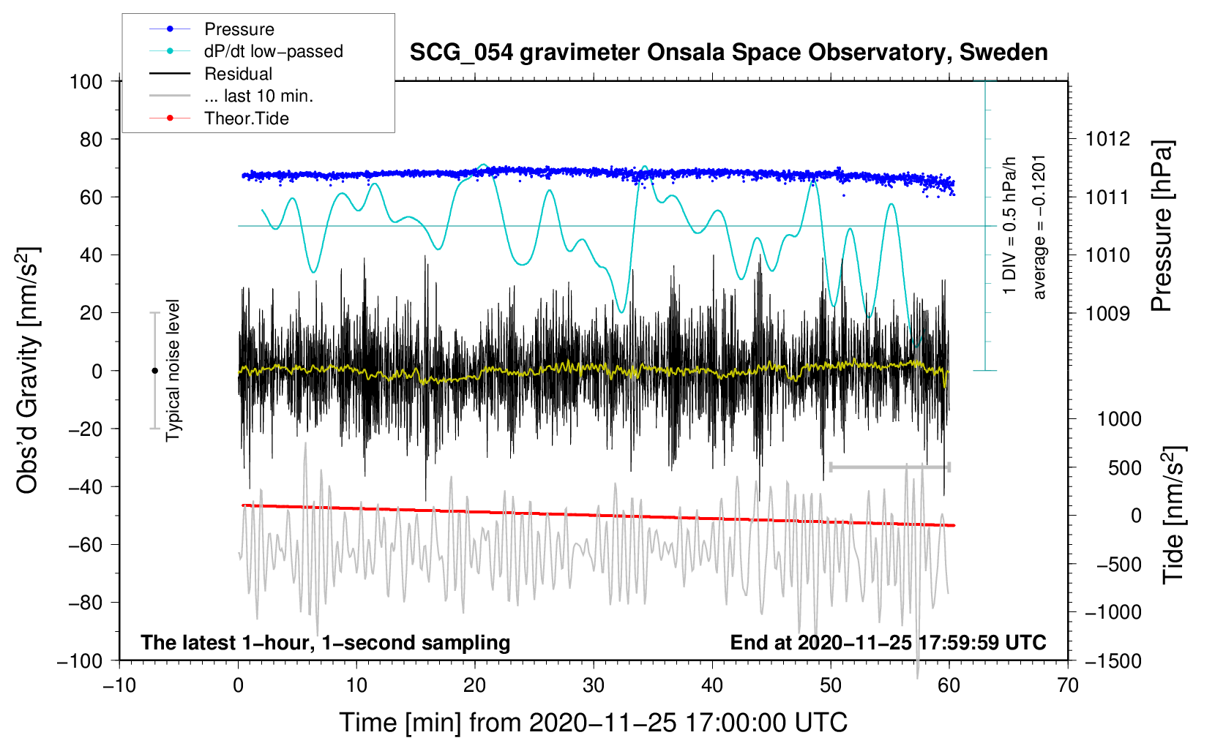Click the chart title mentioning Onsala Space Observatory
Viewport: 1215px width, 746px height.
tap(728, 53)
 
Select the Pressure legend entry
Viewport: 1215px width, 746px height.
tap(239, 29)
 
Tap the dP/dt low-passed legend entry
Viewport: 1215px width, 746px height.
tap(273, 51)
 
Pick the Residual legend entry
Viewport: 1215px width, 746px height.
tap(238, 74)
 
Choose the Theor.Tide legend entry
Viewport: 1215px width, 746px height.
tap(246, 118)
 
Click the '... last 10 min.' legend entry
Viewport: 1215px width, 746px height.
tap(258, 96)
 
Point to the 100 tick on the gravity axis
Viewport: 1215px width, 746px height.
tap(86, 81)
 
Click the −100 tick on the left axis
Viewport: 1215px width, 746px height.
tap(80, 660)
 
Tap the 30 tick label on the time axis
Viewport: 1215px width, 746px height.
tap(594, 685)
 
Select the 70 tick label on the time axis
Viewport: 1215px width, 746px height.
tap(1068, 685)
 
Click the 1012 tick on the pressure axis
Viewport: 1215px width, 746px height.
tap(1107, 139)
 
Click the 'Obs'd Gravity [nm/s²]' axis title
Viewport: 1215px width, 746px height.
tap(28, 370)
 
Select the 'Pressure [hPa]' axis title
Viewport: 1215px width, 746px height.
tap(1162, 227)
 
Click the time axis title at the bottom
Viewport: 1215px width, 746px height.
tap(593, 723)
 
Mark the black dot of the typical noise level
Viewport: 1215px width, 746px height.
tap(154, 371)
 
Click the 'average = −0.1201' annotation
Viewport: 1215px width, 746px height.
tap(1039, 227)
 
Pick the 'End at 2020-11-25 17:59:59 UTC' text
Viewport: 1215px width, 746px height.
tap(888, 643)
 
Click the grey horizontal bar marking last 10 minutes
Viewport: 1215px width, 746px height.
tap(890, 467)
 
